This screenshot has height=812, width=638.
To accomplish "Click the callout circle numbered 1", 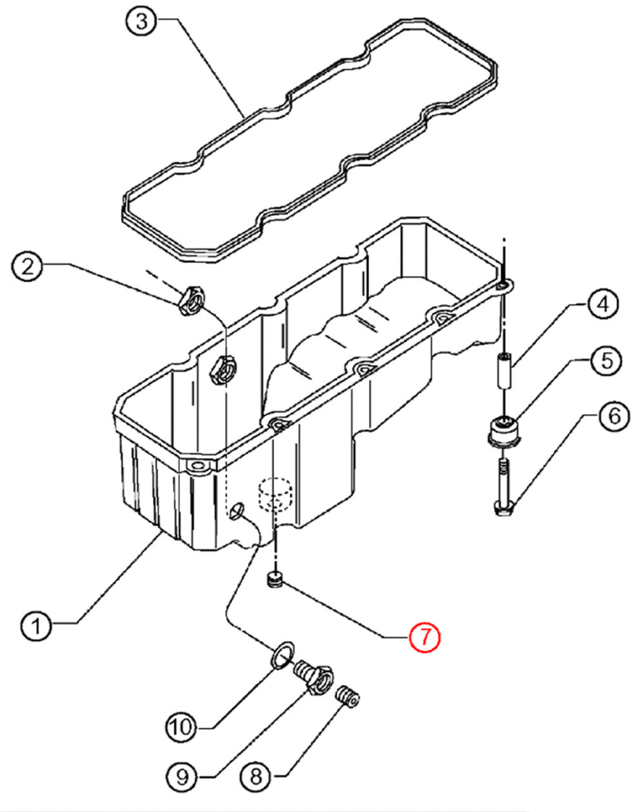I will click(37, 626).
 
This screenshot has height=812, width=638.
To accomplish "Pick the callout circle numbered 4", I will click(601, 304).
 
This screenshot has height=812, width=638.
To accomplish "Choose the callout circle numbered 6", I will click(614, 416).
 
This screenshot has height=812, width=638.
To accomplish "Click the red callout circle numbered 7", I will click(424, 636).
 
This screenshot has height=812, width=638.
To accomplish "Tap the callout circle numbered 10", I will click(180, 726).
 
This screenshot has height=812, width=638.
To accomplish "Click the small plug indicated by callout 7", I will click(272, 579).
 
